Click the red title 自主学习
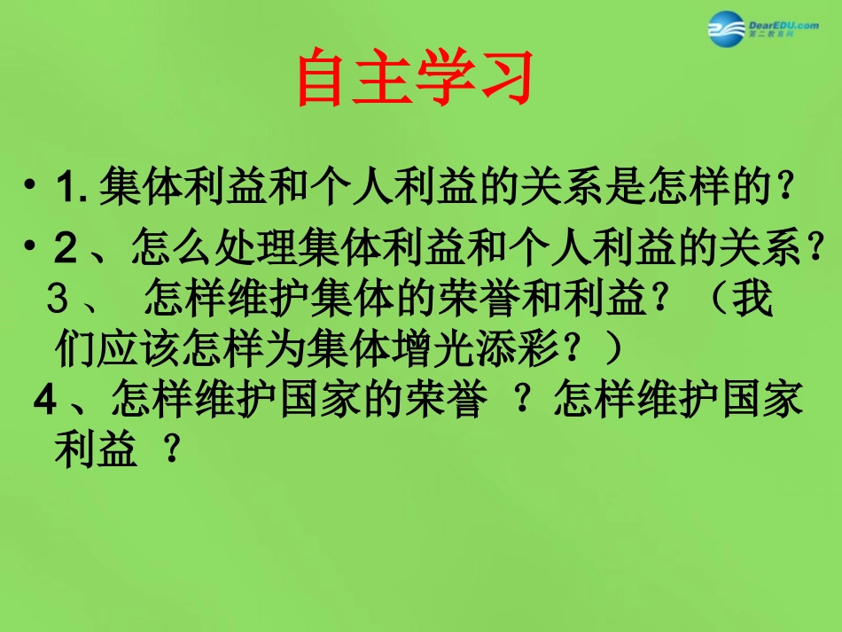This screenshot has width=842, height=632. coord(415,78)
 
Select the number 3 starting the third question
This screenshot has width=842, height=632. coord(59,300)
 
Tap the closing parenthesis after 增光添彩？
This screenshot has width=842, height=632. coord(612,349)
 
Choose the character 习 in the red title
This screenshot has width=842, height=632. coord(504,78)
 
